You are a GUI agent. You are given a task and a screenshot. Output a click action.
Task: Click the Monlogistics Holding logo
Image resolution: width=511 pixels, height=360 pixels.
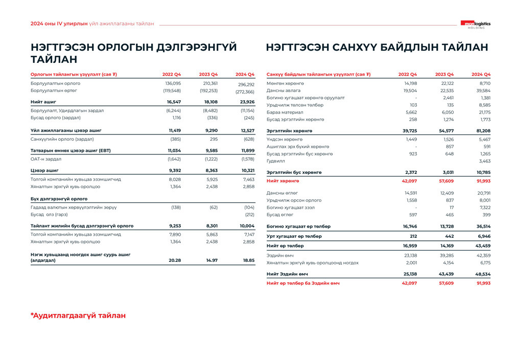475,24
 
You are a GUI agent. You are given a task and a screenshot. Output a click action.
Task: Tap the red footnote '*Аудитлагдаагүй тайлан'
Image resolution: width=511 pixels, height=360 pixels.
78,316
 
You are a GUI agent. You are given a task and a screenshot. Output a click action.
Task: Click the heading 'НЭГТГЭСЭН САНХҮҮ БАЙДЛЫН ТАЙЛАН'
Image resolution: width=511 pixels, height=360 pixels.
377,48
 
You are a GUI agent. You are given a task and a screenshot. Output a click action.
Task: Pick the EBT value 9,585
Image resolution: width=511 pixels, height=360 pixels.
208,151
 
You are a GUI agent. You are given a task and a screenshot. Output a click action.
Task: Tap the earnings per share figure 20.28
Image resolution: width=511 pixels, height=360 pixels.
175,260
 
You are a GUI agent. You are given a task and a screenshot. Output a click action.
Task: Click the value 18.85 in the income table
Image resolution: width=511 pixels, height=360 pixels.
248,260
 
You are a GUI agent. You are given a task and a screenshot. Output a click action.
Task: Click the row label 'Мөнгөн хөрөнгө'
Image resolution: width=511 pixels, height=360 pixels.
286,83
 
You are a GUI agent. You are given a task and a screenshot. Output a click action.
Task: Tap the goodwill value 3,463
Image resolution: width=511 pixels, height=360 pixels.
484,161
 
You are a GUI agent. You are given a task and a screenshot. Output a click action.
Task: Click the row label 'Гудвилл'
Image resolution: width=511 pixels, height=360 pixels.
276,161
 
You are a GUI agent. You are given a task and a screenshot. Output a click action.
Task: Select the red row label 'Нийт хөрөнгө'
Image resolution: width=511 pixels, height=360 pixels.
283,181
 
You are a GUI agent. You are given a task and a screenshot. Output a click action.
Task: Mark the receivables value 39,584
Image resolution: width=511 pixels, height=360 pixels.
483,90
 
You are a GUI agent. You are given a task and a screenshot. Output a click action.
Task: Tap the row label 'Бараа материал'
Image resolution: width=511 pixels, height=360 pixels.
285,112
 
